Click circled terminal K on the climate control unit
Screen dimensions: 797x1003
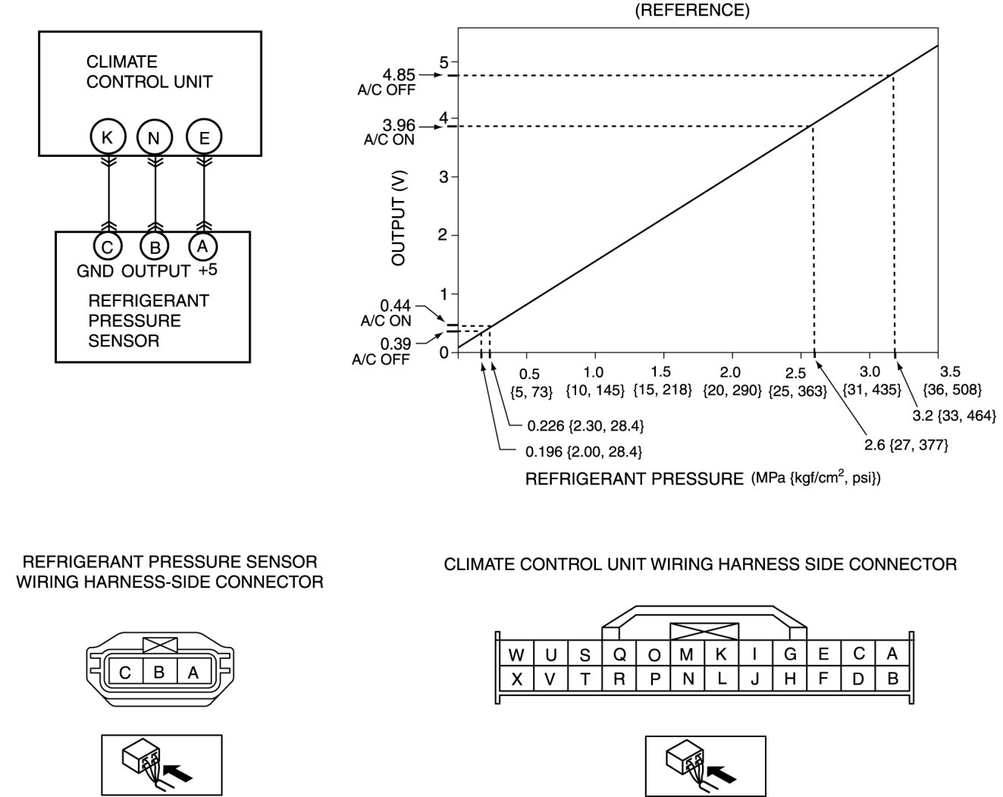tap(108, 137)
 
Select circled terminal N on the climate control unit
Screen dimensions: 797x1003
tap(155, 138)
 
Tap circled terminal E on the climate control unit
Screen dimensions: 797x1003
tap(203, 137)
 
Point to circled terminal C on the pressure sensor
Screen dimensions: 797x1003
tap(108, 246)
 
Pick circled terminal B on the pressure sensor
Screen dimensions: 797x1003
tap(155, 246)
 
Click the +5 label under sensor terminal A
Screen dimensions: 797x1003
tap(208, 270)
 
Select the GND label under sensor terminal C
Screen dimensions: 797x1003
tap(96, 271)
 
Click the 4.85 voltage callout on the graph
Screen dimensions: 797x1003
tap(399, 75)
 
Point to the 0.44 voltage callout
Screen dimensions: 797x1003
tap(395, 306)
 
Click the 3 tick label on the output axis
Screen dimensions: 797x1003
tap(444, 177)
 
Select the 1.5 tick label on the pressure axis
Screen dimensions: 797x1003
tap(661, 372)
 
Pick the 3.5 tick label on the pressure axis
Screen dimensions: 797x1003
tap(950, 372)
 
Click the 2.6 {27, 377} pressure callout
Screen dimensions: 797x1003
tap(907, 444)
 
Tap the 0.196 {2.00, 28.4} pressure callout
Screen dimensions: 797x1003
tap(584, 452)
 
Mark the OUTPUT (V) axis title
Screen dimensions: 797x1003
tap(400, 217)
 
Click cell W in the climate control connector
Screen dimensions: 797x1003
tap(516, 655)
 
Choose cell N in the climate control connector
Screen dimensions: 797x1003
tap(688, 679)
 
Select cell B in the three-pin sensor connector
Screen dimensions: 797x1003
tap(159, 672)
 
